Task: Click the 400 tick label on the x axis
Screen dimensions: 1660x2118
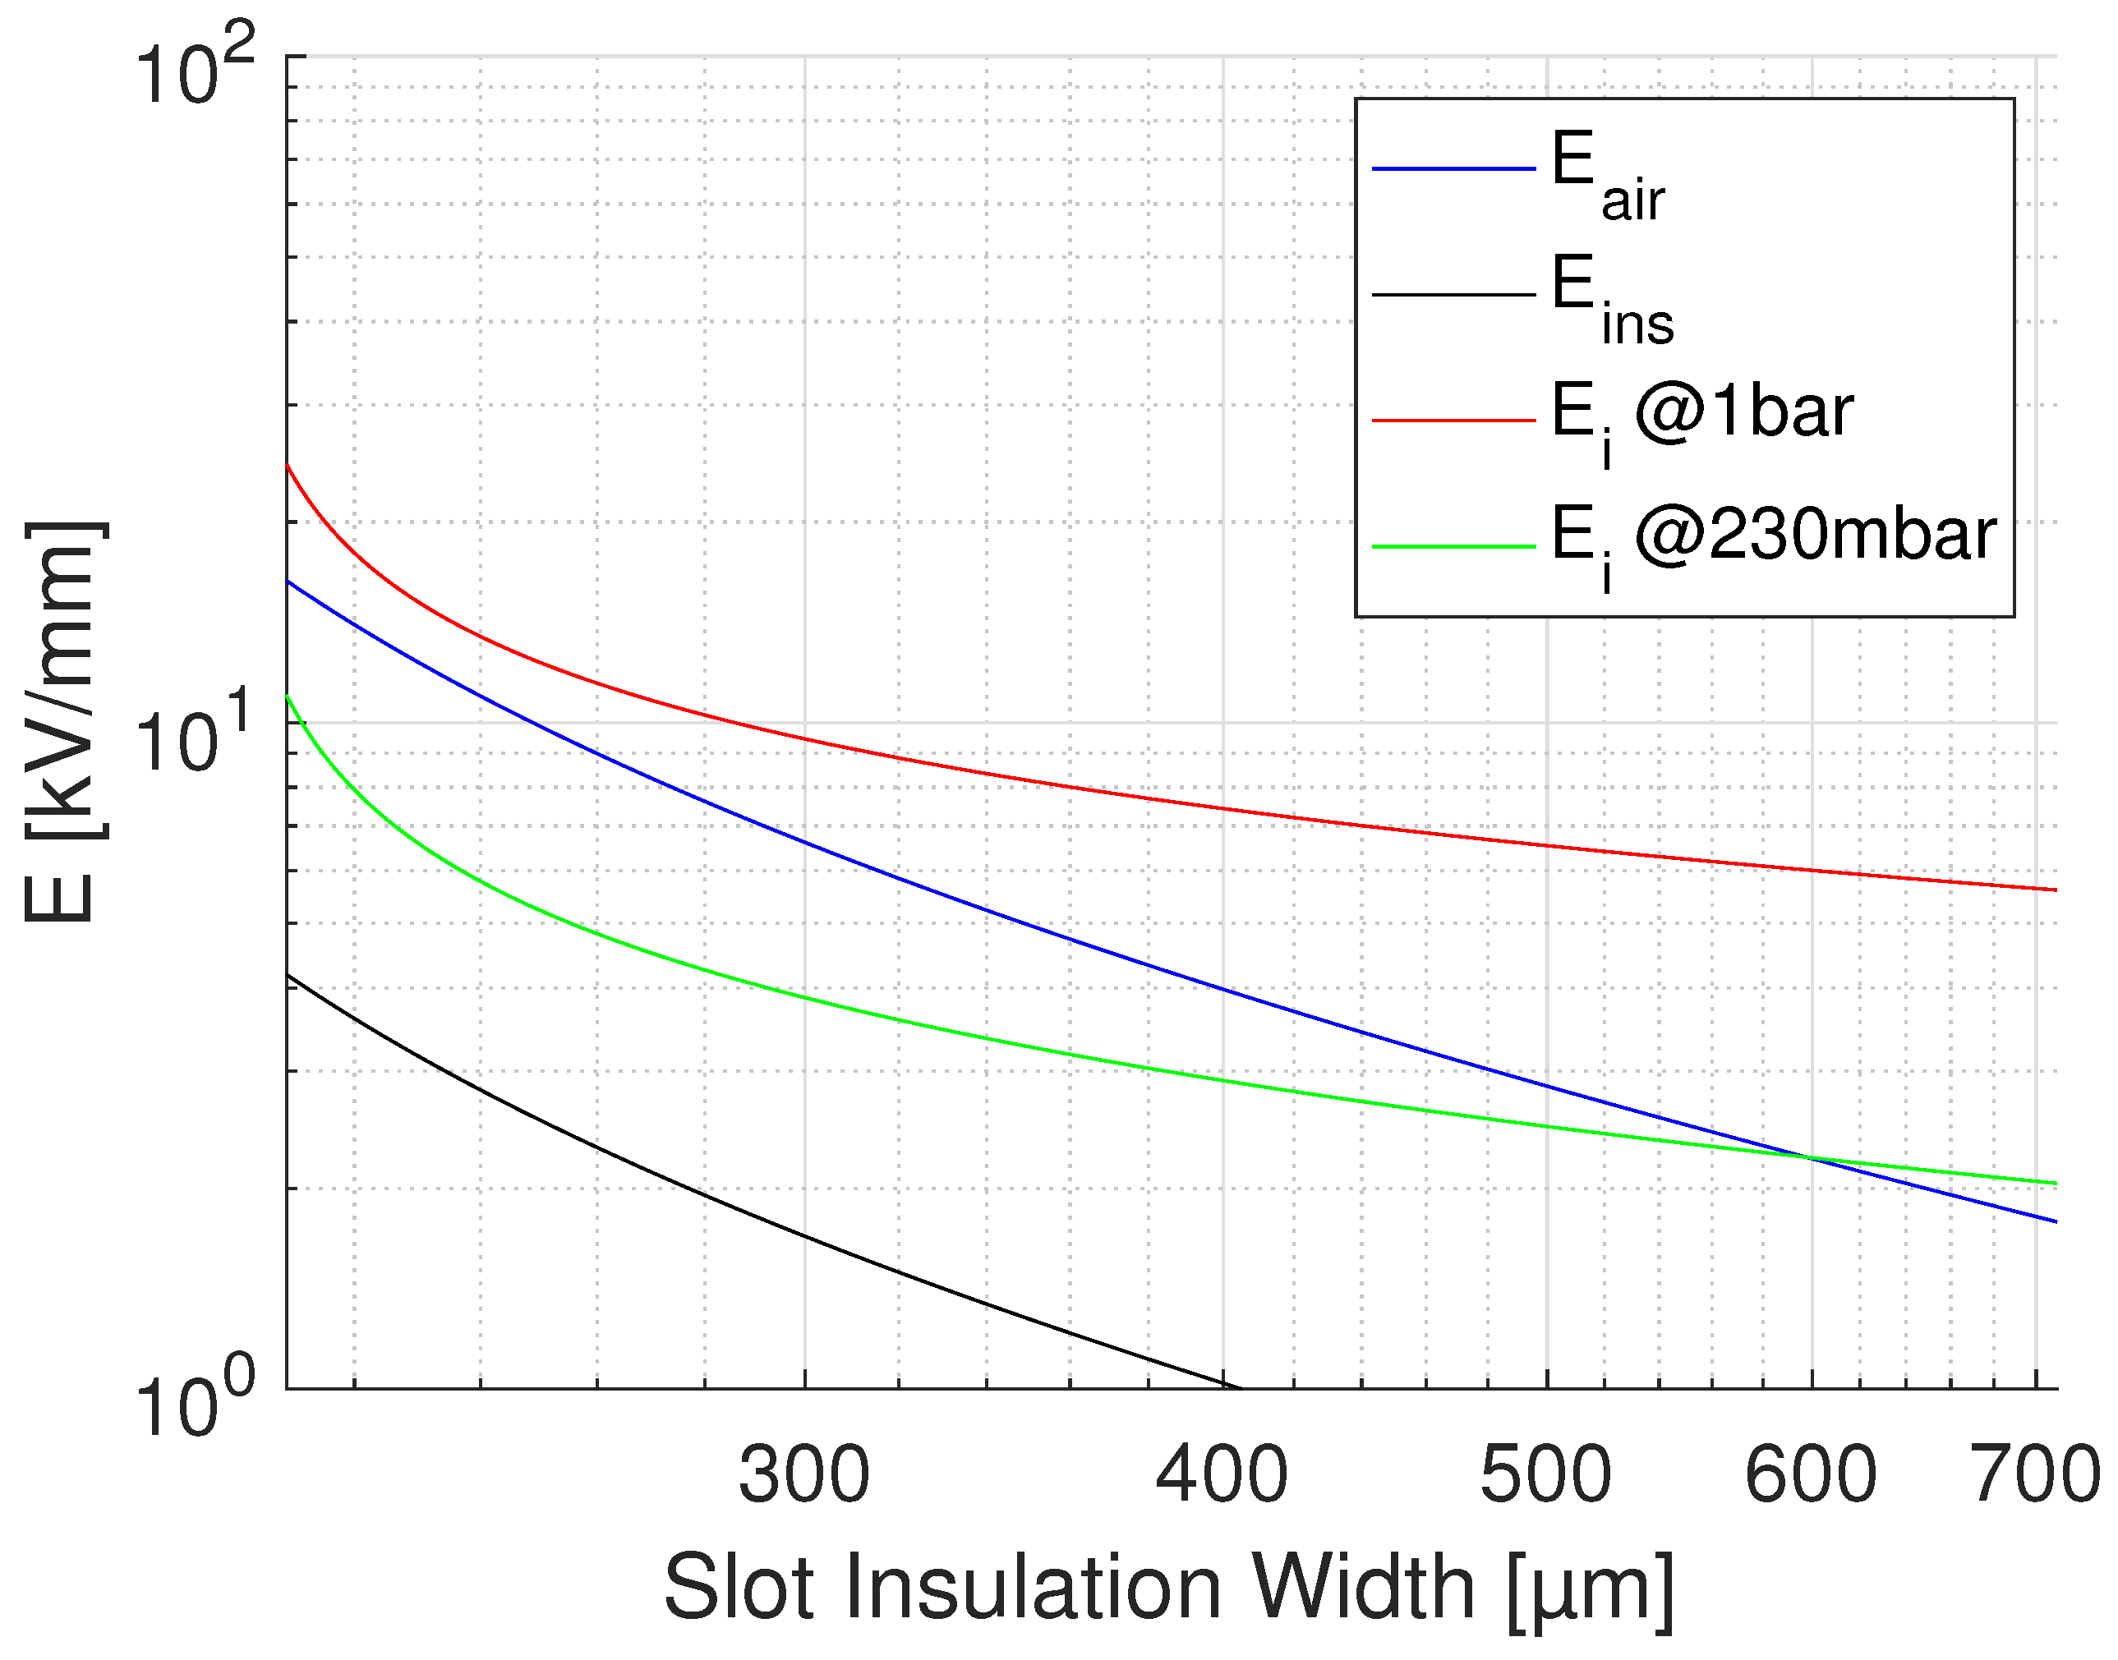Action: pos(1222,1476)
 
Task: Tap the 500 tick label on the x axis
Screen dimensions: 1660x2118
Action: pos(1546,1476)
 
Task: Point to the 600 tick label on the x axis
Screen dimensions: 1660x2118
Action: pos(1812,1476)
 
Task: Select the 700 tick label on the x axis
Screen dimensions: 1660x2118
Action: pos(2035,1476)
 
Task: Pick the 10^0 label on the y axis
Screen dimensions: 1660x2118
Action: pos(195,1402)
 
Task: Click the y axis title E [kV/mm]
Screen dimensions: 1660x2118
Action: pos(60,721)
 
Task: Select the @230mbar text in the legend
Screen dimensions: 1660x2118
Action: pos(1815,535)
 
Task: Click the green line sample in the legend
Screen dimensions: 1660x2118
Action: pos(1453,547)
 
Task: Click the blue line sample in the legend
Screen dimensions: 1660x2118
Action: pos(1453,169)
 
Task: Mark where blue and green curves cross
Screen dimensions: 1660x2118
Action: pos(1808,1157)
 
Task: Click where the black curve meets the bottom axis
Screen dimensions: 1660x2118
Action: pos(1237,1388)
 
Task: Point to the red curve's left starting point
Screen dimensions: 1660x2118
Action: pos(288,466)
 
